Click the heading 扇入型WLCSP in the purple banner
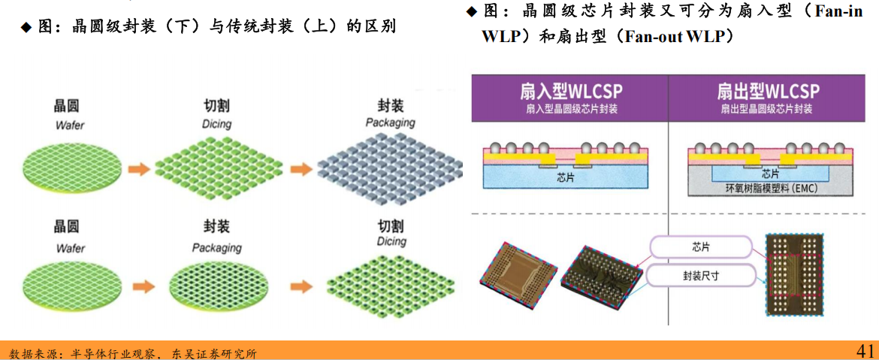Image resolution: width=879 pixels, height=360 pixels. click(571, 92)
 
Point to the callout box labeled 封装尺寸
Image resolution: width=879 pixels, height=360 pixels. click(700, 276)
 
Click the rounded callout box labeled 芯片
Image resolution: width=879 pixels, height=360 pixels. click(700, 247)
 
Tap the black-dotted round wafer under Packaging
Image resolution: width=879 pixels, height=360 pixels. click(217, 286)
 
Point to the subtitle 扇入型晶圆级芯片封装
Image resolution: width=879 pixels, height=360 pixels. click(571, 110)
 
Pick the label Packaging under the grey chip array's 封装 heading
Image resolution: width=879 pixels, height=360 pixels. click(390, 123)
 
